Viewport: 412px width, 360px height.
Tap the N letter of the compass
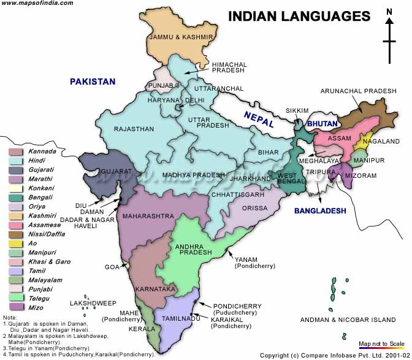point(389,12)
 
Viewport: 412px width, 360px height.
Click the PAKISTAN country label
point(92,81)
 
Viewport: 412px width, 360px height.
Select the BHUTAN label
point(322,124)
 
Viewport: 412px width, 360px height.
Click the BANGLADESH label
point(320,210)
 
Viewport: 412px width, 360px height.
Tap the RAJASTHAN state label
point(133,129)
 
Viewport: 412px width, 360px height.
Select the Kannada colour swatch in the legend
point(16,151)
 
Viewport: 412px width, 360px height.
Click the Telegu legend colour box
point(16,298)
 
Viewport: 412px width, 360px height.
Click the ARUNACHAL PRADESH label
point(359,91)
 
